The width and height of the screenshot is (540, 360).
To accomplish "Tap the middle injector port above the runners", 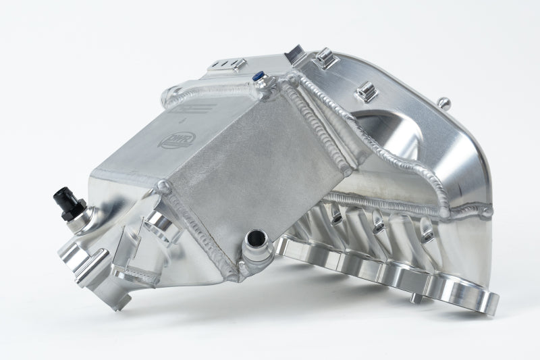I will click(379, 220).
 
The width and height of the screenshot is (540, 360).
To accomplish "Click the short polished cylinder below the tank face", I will click(161, 225).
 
